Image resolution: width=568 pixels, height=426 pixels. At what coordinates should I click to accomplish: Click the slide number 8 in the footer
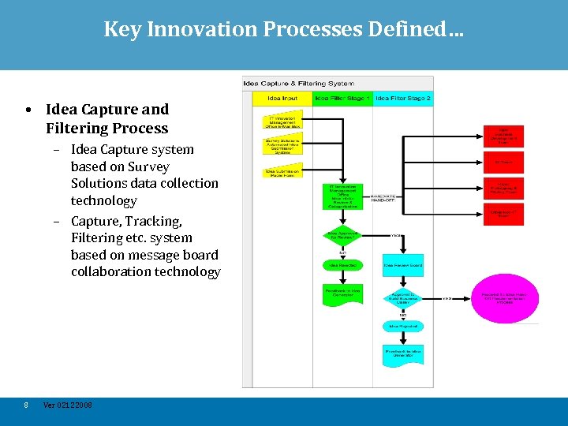(x=26, y=405)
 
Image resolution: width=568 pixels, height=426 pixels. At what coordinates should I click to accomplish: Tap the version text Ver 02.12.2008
(x=67, y=405)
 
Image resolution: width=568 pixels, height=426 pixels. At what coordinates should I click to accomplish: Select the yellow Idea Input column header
(x=282, y=99)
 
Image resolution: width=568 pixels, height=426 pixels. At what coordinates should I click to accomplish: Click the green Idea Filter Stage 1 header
(x=342, y=99)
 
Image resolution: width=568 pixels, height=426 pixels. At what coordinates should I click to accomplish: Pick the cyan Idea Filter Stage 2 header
(x=402, y=99)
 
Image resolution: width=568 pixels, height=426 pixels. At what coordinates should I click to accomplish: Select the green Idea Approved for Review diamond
(x=342, y=235)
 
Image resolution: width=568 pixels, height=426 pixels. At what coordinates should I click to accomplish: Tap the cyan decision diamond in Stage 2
(x=403, y=298)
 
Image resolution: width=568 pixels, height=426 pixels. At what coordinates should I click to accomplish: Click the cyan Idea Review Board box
(x=403, y=265)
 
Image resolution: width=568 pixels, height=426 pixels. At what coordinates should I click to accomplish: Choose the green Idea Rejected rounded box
(x=342, y=265)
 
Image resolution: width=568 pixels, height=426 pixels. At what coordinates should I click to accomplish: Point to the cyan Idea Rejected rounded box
(x=403, y=326)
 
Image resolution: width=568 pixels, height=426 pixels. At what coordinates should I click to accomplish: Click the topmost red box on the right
(x=503, y=135)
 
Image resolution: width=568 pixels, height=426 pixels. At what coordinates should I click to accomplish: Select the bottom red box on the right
(x=503, y=213)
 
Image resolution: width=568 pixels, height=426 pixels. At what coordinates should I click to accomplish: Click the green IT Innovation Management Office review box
(x=342, y=196)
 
